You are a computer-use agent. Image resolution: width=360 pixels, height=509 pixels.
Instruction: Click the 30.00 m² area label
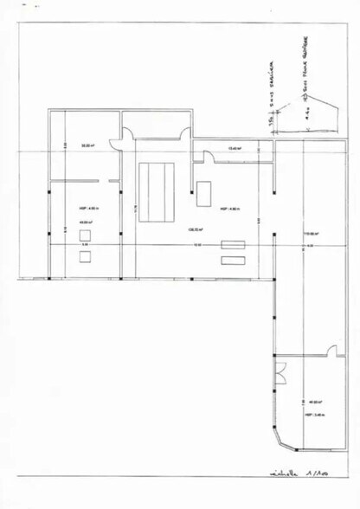click(87, 145)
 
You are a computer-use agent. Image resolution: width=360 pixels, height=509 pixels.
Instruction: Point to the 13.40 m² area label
click(233, 149)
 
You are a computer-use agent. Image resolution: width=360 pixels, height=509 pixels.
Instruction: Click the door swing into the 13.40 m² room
click(208, 156)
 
